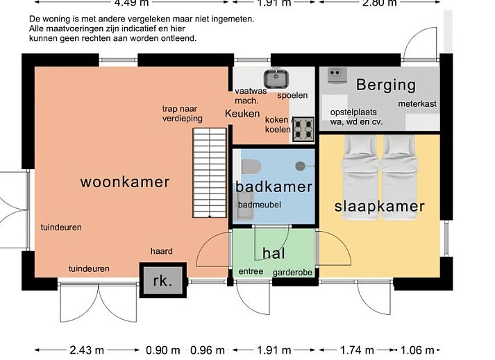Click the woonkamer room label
[x=125, y=182]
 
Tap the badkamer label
[x=274, y=187]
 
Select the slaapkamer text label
[x=379, y=207]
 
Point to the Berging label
[x=385, y=85]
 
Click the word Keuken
[x=242, y=114]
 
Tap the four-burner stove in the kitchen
[x=303, y=129]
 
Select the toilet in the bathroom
[x=251, y=166]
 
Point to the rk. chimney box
[x=162, y=281]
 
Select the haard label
[x=161, y=251]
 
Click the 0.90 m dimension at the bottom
[x=164, y=350]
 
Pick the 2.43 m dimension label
[x=87, y=350]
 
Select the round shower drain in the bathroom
[x=300, y=165]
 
